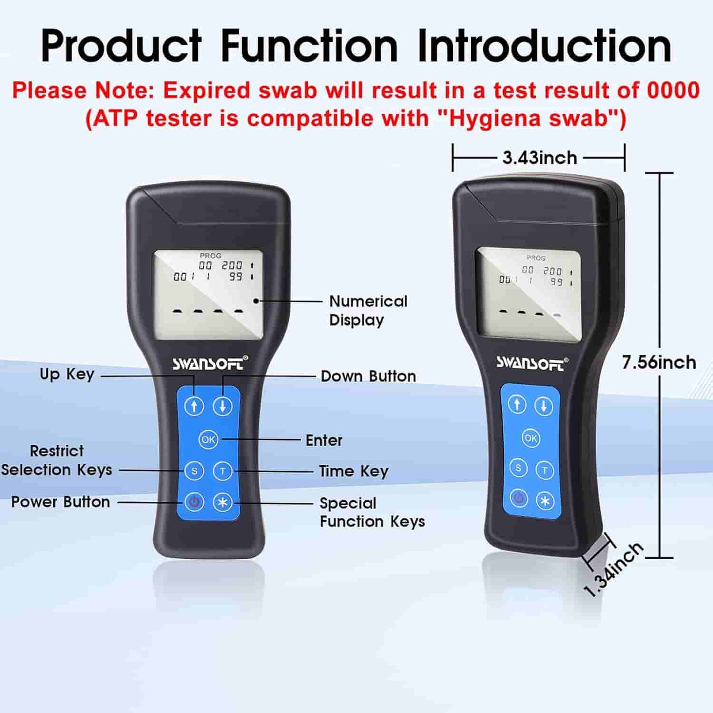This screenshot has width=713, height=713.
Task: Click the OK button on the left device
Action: (x=208, y=439)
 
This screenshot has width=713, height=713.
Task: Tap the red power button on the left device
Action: (x=194, y=502)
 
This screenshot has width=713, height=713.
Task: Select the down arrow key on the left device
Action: (x=223, y=406)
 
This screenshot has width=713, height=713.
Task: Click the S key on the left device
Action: (x=194, y=471)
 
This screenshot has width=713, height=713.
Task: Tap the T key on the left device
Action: (x=223, y=471)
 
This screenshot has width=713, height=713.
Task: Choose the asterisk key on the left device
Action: (x=223, y=503)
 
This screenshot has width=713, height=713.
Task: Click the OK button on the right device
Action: (x=531, y=438)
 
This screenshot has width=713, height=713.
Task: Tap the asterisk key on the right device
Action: (x=545, y=501)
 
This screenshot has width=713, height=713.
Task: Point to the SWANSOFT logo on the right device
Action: (x=531, y=363)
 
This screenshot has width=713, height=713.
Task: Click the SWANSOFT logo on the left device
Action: (x=210, y=364)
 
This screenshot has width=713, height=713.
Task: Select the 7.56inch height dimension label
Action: (x=659, y=363)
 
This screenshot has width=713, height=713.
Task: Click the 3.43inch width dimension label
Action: (x=539, y=158)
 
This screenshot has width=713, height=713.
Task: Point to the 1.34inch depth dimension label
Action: (x=614, y=569)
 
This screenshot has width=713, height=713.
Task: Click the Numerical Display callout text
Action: (x=368, y=310)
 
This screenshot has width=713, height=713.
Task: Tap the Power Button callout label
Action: (x=61, y=502)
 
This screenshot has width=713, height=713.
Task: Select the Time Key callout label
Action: (x=353, y=471)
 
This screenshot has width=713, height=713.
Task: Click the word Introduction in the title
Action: (x=544, y=46)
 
